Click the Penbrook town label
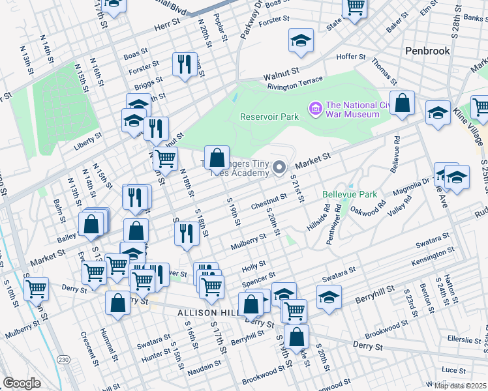click(x=428, y=50)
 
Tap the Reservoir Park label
click(x=269, y=117)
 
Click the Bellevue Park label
click(x=350, y=194)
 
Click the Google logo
click(x=22, y=383)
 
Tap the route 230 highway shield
click(x=63, y=359)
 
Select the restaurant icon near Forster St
click(x=185, y=64)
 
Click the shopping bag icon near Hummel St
click(x=118, y=303)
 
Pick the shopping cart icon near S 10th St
click(x=37, y=288)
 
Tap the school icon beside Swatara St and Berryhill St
click(x=329, y=296)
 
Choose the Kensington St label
click(x=432, y=257)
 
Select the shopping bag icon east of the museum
click(x=403, y=103)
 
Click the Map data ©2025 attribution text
click(x=461, y=386)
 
